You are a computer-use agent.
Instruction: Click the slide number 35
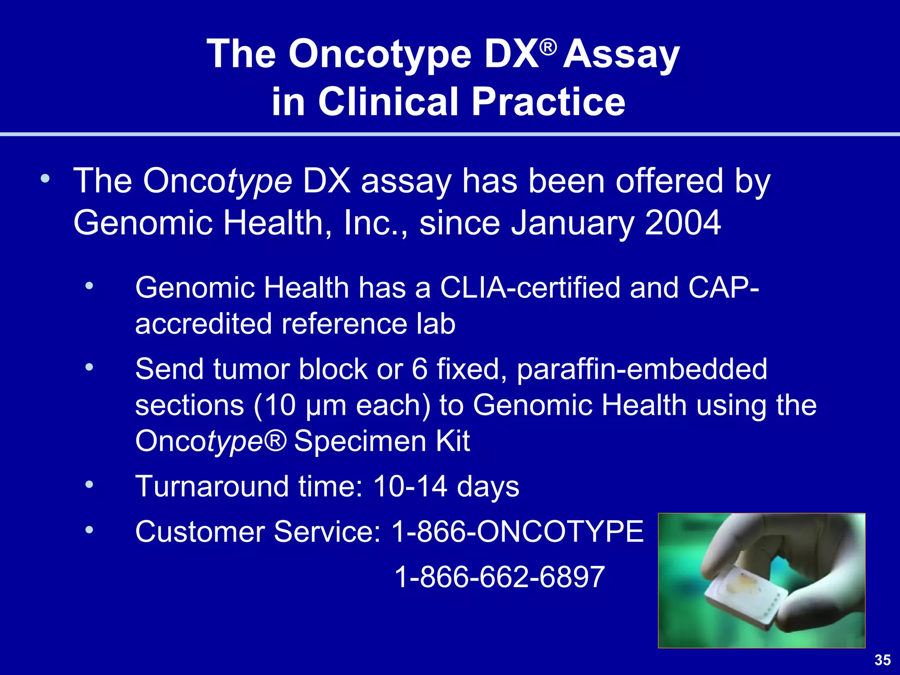(882, 660)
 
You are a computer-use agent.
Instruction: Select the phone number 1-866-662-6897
(500, 577)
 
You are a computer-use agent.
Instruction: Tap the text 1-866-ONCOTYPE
(517, 532)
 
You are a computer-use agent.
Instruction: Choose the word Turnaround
(211, 486)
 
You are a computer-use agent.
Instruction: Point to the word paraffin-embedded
(642, 369)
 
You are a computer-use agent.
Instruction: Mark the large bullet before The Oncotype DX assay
(45, 179)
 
